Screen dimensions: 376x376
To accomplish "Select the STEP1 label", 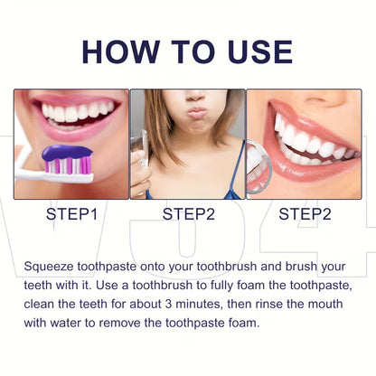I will (72, 214).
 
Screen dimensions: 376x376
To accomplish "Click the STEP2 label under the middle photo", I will (188, 214).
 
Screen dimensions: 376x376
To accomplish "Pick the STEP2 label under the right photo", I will (304, 214).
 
